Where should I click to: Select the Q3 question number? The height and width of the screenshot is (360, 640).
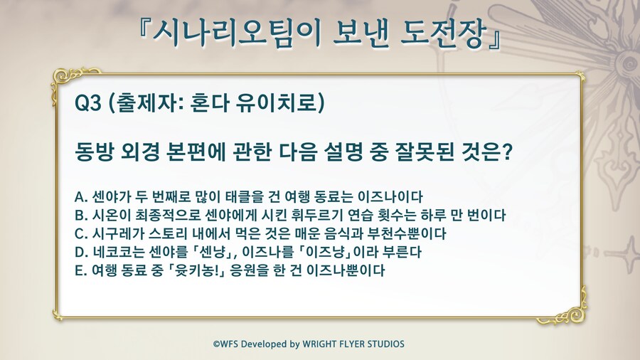point(87,103)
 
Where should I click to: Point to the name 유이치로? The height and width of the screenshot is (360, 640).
point(277,103)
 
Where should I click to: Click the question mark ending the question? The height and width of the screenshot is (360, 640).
point(507,152)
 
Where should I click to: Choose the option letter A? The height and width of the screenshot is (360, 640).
point(80,197)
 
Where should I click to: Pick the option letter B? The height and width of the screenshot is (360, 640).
point(80,216)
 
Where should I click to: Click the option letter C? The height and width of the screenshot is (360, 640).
point(80,234)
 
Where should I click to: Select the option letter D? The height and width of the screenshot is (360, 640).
point(80,253)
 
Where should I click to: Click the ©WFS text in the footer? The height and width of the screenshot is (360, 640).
point(226,344)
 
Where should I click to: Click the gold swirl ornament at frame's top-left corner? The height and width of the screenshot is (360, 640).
point(65,79)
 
